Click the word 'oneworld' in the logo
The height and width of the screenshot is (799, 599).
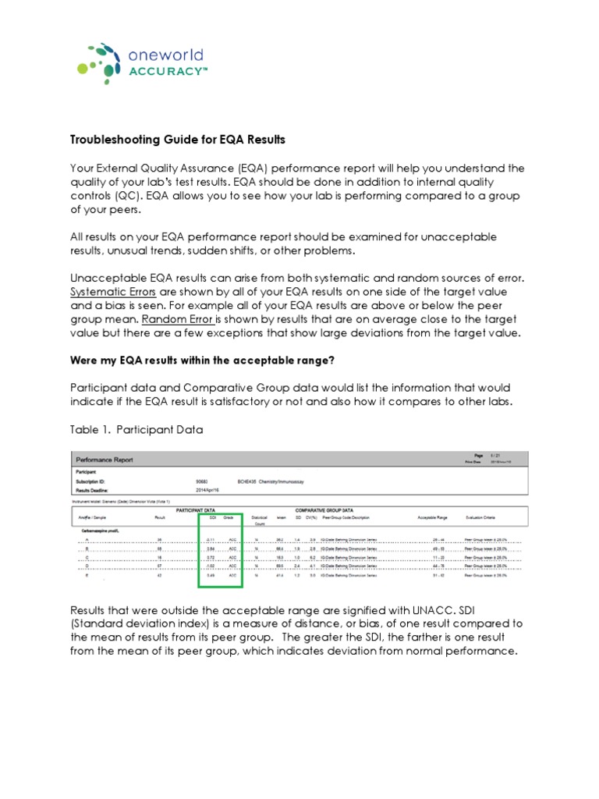165,55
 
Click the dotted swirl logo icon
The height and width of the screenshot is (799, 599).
100,62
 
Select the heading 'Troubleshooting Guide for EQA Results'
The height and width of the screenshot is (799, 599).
179,140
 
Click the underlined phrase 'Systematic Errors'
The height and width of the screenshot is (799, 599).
119,292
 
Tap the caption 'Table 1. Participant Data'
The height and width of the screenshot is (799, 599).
136,428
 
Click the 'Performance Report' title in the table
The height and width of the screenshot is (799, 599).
104,460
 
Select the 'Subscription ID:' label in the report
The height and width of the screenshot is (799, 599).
93,481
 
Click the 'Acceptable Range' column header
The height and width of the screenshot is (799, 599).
433,517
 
